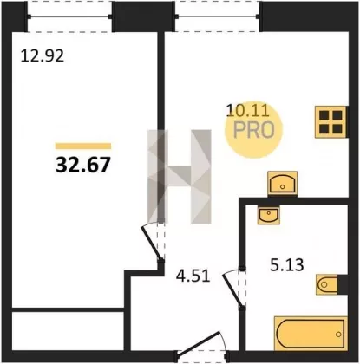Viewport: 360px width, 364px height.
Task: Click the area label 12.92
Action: [43, 55]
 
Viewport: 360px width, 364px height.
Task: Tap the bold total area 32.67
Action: [83, 165]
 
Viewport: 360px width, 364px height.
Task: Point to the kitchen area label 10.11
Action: [248, 110]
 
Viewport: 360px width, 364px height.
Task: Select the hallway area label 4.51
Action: [193, 276]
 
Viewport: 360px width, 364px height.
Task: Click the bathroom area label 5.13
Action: [287, 265]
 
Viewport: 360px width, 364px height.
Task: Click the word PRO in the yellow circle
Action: [253, 130]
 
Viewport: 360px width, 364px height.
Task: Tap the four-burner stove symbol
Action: [331, 122]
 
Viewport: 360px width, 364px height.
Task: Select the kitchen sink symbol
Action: [282, 183]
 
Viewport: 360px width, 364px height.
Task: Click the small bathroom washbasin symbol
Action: [269, 215]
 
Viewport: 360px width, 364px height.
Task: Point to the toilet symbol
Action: [328, 284]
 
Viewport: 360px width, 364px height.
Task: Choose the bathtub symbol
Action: [311, 334]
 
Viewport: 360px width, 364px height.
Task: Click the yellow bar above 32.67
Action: [83, 146]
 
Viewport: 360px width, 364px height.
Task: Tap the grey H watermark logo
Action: [180, 177]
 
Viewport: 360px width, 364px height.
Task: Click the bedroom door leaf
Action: [151, 243]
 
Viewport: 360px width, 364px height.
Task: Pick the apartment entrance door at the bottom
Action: [202, 345]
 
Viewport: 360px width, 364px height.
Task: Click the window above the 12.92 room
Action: [69, 16]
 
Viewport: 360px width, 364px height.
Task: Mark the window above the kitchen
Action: [218, 16]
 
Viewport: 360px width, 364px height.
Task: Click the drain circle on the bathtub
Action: [338, 335]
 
